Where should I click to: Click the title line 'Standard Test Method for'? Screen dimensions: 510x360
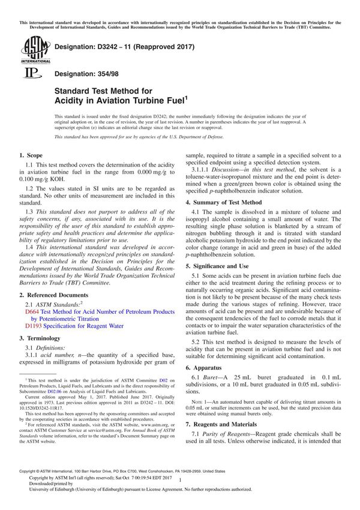[x=97, y=91]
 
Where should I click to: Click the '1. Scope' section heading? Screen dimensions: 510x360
[x=33, y=155]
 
